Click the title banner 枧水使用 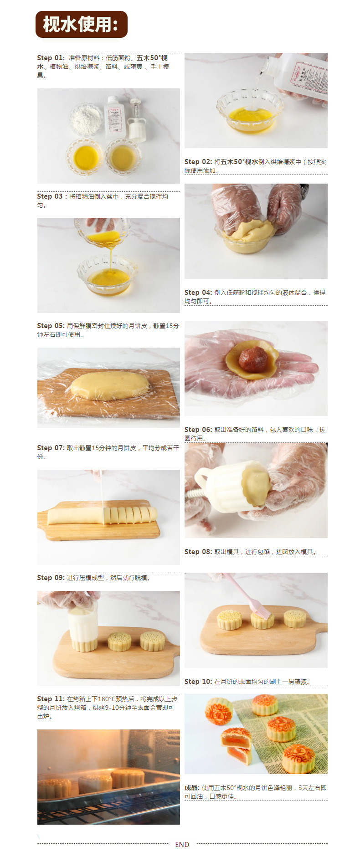click(82, 24)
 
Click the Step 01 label click(51, 58)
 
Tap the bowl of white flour click(86, 119)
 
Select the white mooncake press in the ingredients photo click(136, 120)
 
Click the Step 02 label click(198, 162)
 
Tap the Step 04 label click(198, 293)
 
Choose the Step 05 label click(51, 326)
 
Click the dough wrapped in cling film click(109, 385)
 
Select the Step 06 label click(198, 430)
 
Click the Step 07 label click(51, 448)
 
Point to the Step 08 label click(198, 552)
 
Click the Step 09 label click(51, 578)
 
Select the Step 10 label click(198, 682)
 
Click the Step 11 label click(51, 699)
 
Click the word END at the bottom click(182, 844)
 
